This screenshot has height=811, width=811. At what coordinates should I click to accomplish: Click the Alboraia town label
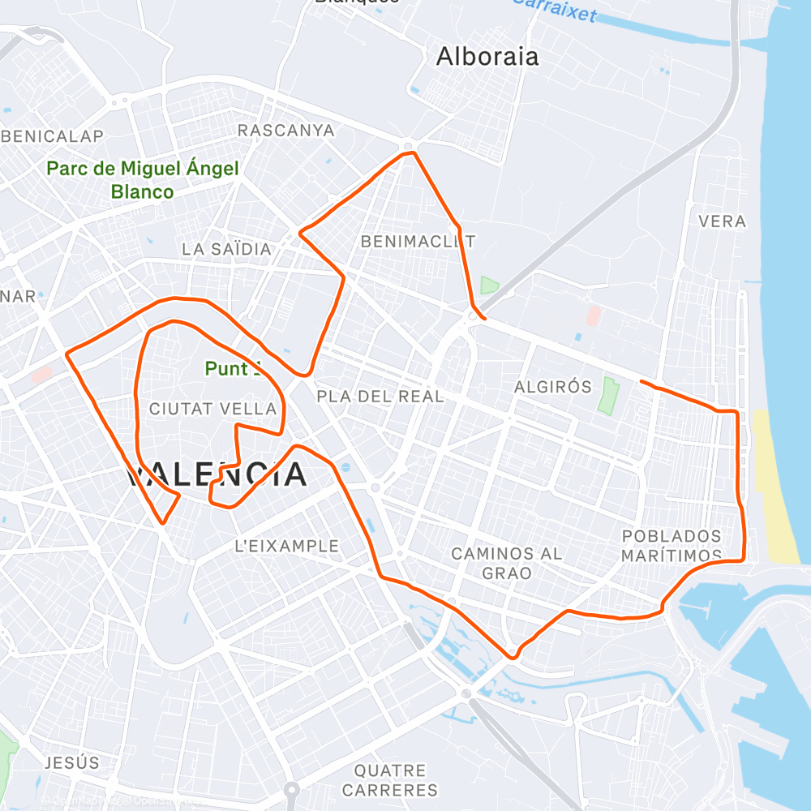pos(487,56)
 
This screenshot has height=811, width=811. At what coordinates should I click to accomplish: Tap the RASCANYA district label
pos(285,130)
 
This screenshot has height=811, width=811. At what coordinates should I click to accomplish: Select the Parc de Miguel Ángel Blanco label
pos(143,180)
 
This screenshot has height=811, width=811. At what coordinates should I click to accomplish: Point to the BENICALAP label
pos(54,135)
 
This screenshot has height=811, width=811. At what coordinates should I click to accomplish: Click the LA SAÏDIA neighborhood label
pos(226,249)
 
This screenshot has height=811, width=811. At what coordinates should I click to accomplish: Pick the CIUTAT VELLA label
pos(213,410)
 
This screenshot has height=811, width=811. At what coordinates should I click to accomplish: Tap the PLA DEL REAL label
pos(380,397)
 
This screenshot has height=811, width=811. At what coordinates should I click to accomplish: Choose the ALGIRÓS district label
pos(553,387)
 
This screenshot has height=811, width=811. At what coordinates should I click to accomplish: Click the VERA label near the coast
pos(722,221)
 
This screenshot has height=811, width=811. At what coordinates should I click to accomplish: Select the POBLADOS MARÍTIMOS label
pos(672,546)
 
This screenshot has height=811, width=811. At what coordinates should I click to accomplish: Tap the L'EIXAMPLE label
pos(286,546)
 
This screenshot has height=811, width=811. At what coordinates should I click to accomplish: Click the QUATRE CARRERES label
pos(389,779)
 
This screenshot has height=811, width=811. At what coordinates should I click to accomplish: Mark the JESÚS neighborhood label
pos(72,762)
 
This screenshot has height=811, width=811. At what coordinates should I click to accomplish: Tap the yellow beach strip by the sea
pos(774,487)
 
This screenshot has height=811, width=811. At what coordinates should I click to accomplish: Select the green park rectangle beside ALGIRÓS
pos(607,396)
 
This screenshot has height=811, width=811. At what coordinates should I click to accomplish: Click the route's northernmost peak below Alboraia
pos(410,152)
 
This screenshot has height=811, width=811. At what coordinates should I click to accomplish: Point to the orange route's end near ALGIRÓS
pos(641,380)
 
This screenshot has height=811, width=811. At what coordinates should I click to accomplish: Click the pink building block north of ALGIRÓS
pos(594,315)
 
